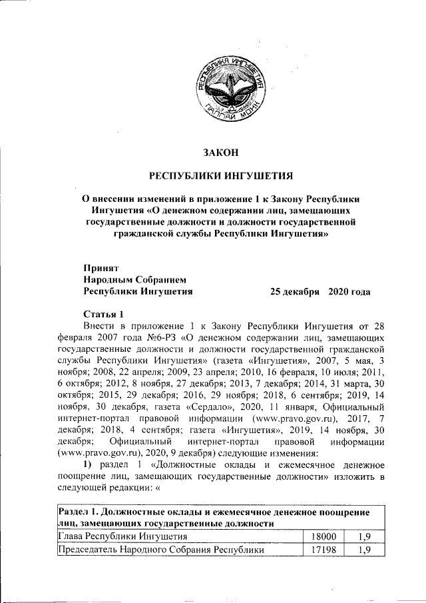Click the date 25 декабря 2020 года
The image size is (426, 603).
319,291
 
